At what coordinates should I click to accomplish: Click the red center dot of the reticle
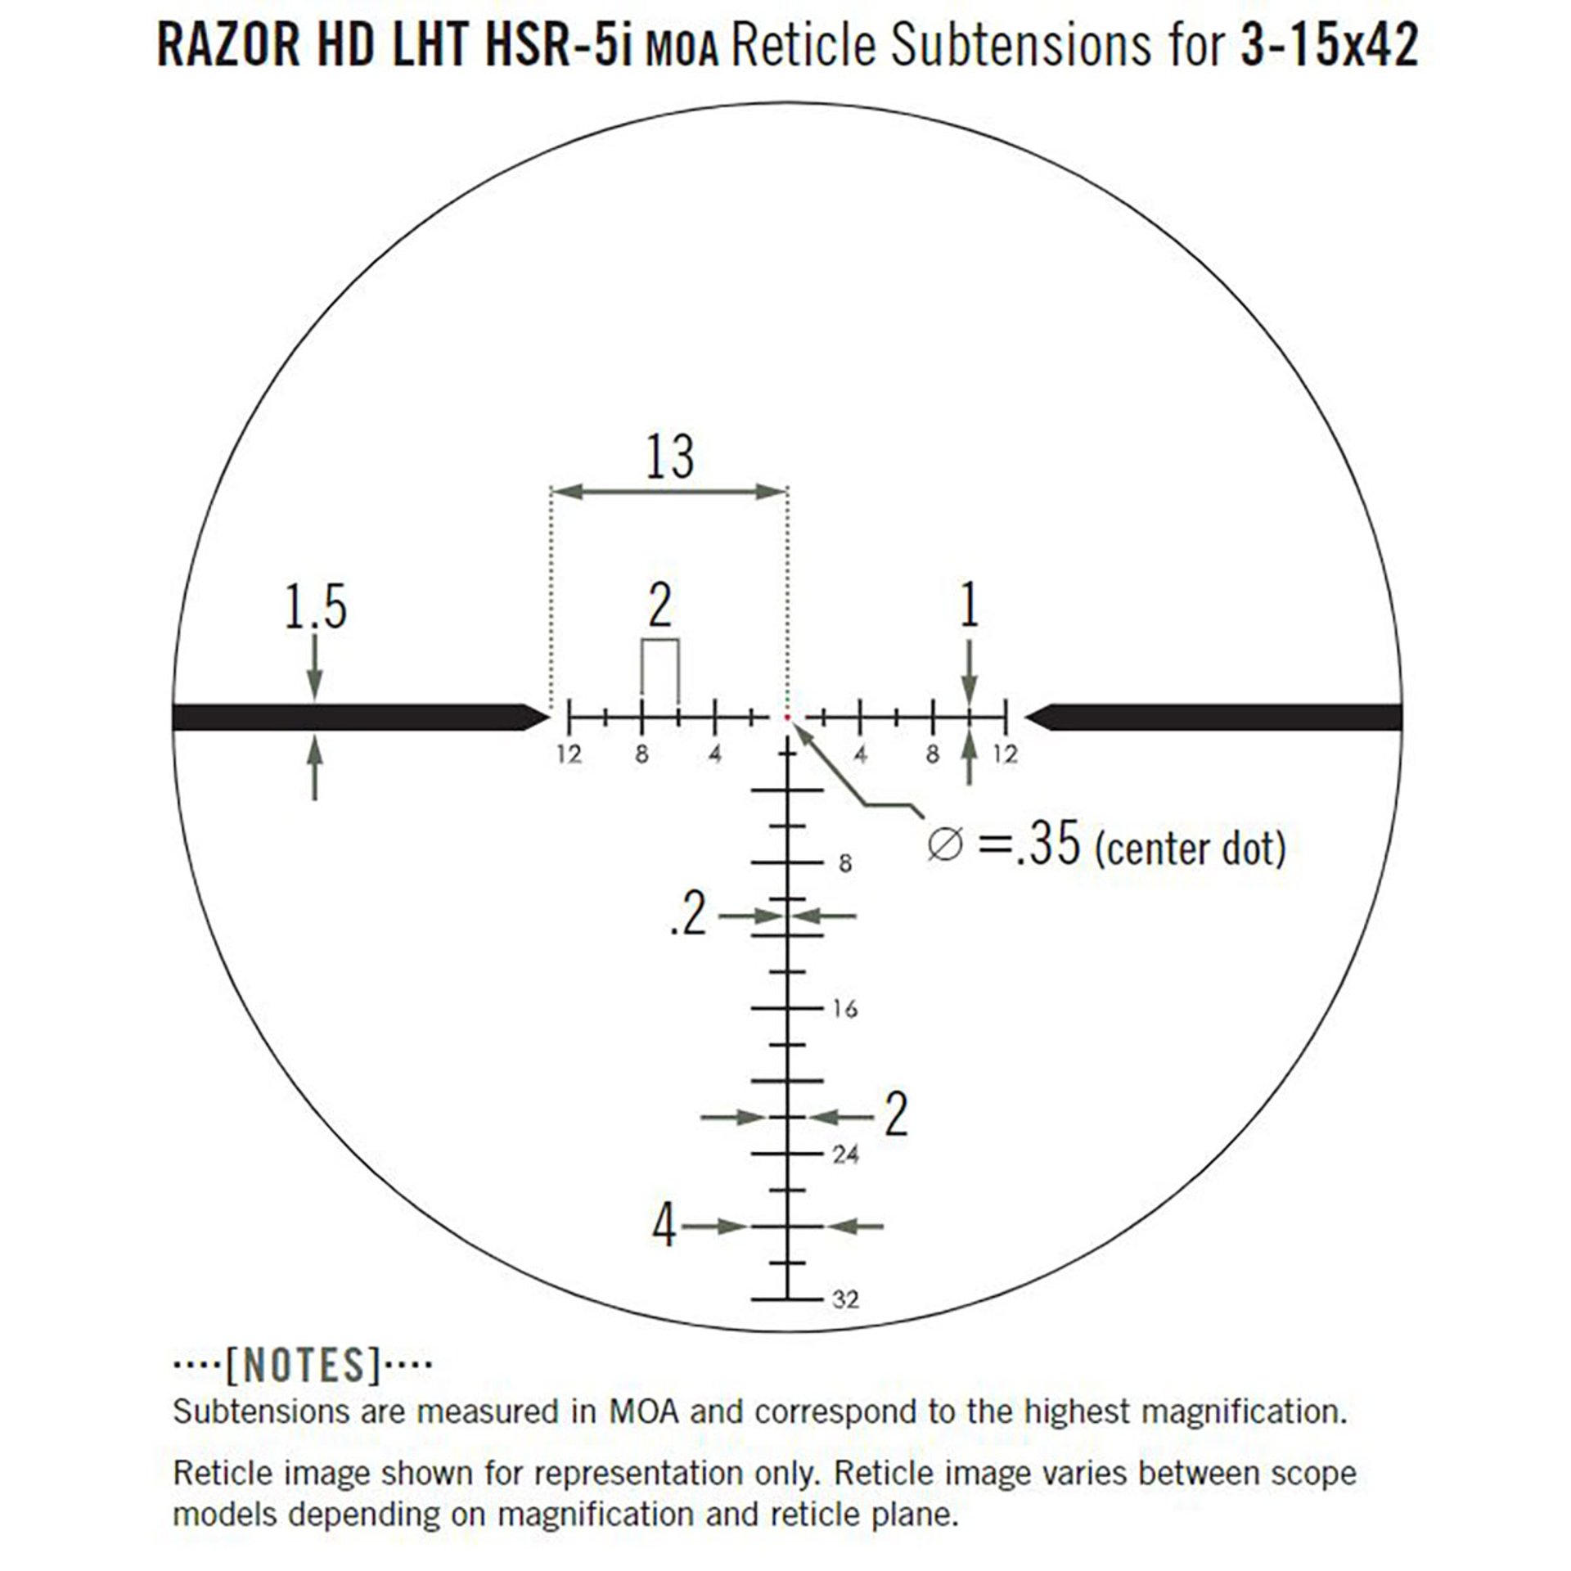(x=787, y=718)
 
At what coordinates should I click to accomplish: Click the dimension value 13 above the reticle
(x=669, y=457)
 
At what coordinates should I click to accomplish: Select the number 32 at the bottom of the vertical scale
(x=845, y=1299)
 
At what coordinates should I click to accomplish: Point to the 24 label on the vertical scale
(x=845, y=1155)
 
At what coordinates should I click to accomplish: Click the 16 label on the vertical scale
(x=845, y=1010)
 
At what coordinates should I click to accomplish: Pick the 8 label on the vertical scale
(x=845, y=863)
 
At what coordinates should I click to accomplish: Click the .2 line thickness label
(x=686, y=916)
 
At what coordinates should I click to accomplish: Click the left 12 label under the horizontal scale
(x=569, y=754)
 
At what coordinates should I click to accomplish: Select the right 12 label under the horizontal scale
(x=1005, y=754)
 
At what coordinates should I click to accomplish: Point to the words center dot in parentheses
(x=1191, y=849)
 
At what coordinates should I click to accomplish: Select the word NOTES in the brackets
(x=304, y=1364)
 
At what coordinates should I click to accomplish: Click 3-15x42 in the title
(x=1328, y=45)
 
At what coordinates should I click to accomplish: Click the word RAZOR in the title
(x=228, y=45)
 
